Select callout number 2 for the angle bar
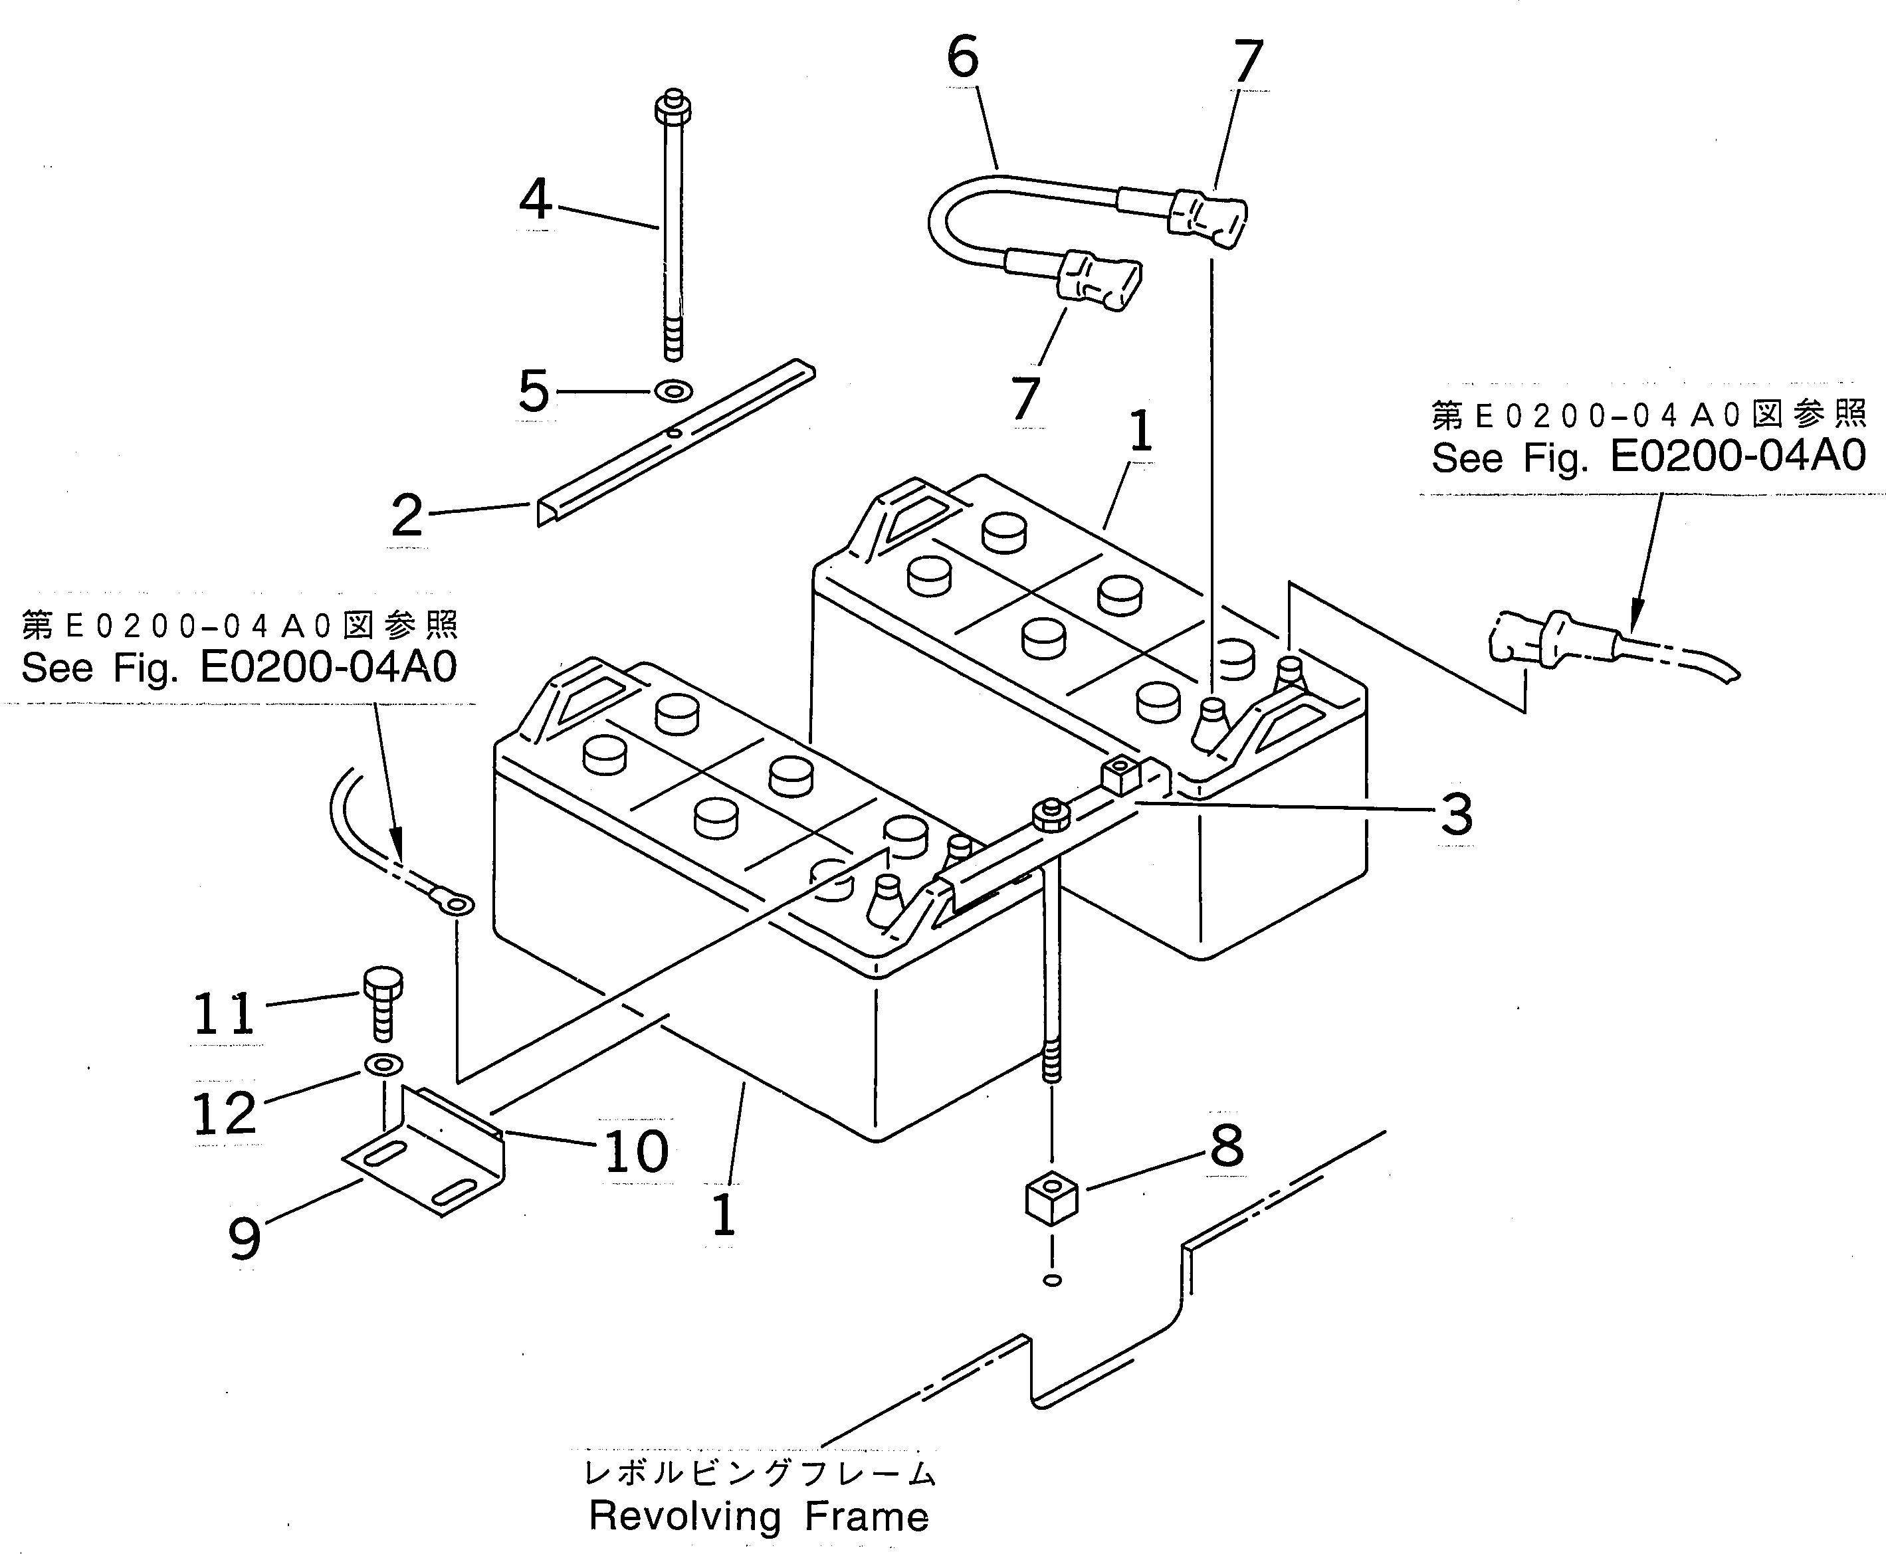pyautogui.click(x=407, y=516)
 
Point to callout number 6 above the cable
pyautogui.click(x=963, y=58)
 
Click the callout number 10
pyautogui.click(x=637, y=1151)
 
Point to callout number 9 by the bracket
pyautogui.click(x=245, y=1238)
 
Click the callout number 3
pyautogui.click(x=1456, y=815)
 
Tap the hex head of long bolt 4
pyautogui.click(x=673, y=108)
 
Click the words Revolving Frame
pyautogui.click(x=758, y=1515)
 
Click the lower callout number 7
pyautogui.click(x=1025, y=399)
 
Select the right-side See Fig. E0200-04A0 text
pyautogui.click(x=1648, y=456)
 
